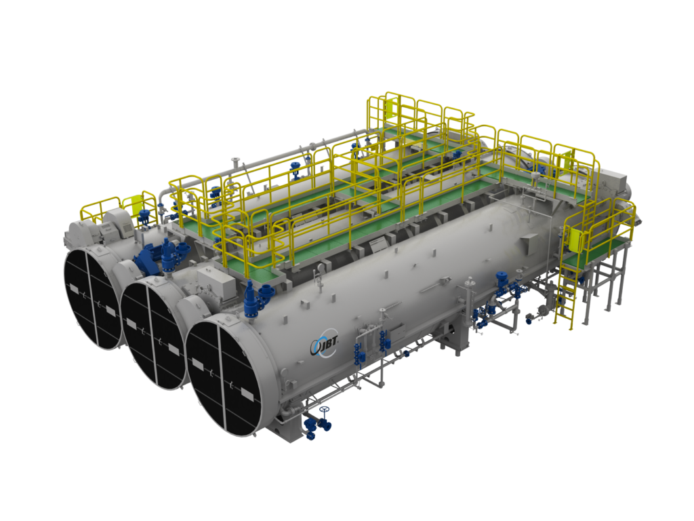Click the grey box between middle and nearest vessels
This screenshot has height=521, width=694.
(216, 278)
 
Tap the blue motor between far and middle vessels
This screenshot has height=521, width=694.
(148, 259)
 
